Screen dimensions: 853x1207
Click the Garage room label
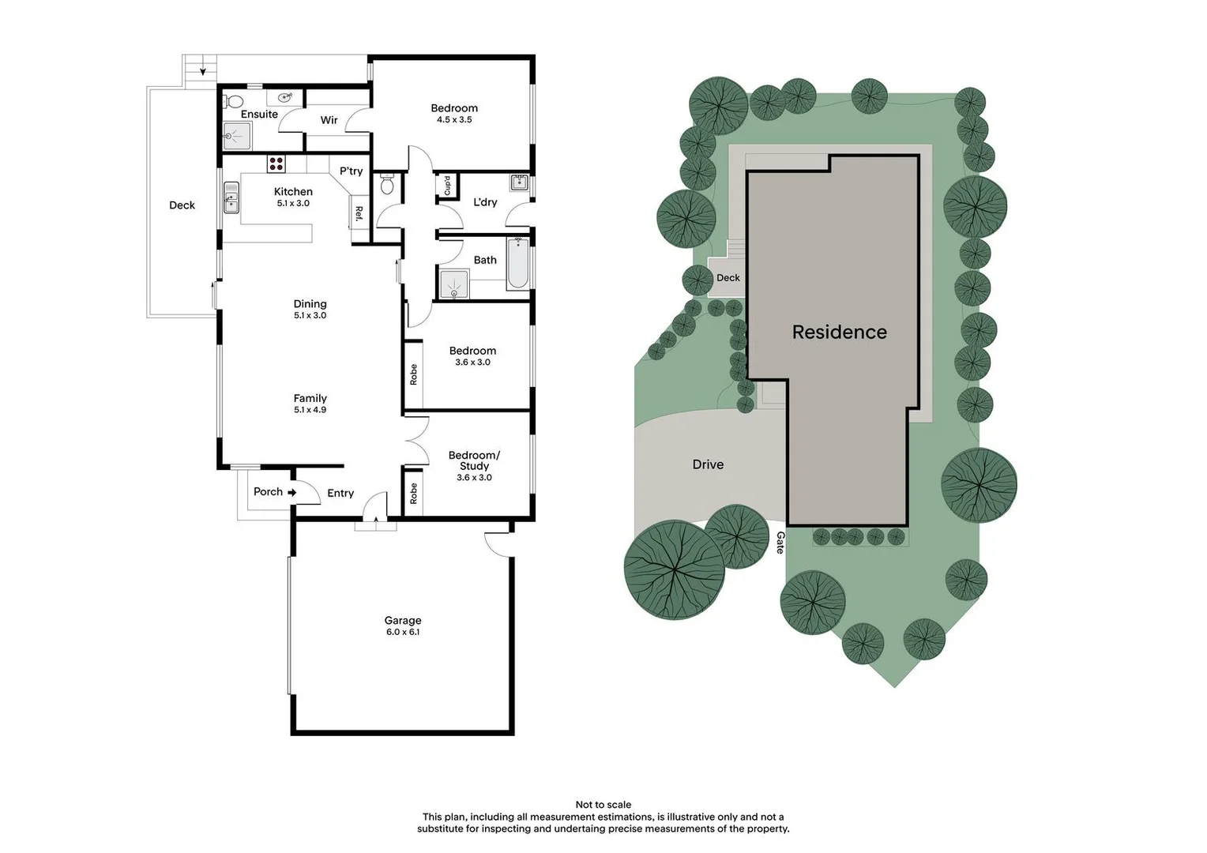(403, 621)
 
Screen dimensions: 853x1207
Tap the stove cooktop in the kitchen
(276, 164)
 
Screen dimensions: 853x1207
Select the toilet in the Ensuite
(234, 101)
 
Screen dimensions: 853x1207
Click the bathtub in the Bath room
(518, 263)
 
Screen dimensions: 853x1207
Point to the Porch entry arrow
(291, 492)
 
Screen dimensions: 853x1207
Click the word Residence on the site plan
(839, 333)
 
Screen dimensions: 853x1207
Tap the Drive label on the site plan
(708, 464)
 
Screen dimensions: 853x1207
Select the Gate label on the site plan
(780, 543)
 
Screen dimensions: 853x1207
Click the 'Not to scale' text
(603, 805)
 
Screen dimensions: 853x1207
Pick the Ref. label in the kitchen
(359, 212)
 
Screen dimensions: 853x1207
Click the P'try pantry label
(351, 171)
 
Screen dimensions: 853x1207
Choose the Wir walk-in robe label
(329, 120)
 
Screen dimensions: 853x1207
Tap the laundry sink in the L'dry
(519, 183)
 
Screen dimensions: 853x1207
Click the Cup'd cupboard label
(447, 186)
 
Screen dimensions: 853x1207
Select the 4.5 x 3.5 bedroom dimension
(454, 120)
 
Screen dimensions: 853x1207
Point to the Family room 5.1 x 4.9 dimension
(310, 410)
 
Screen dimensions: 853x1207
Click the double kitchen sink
(231, 197)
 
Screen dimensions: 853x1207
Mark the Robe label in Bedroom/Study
(413, 494)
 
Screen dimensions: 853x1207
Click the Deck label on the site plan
(728, 278)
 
